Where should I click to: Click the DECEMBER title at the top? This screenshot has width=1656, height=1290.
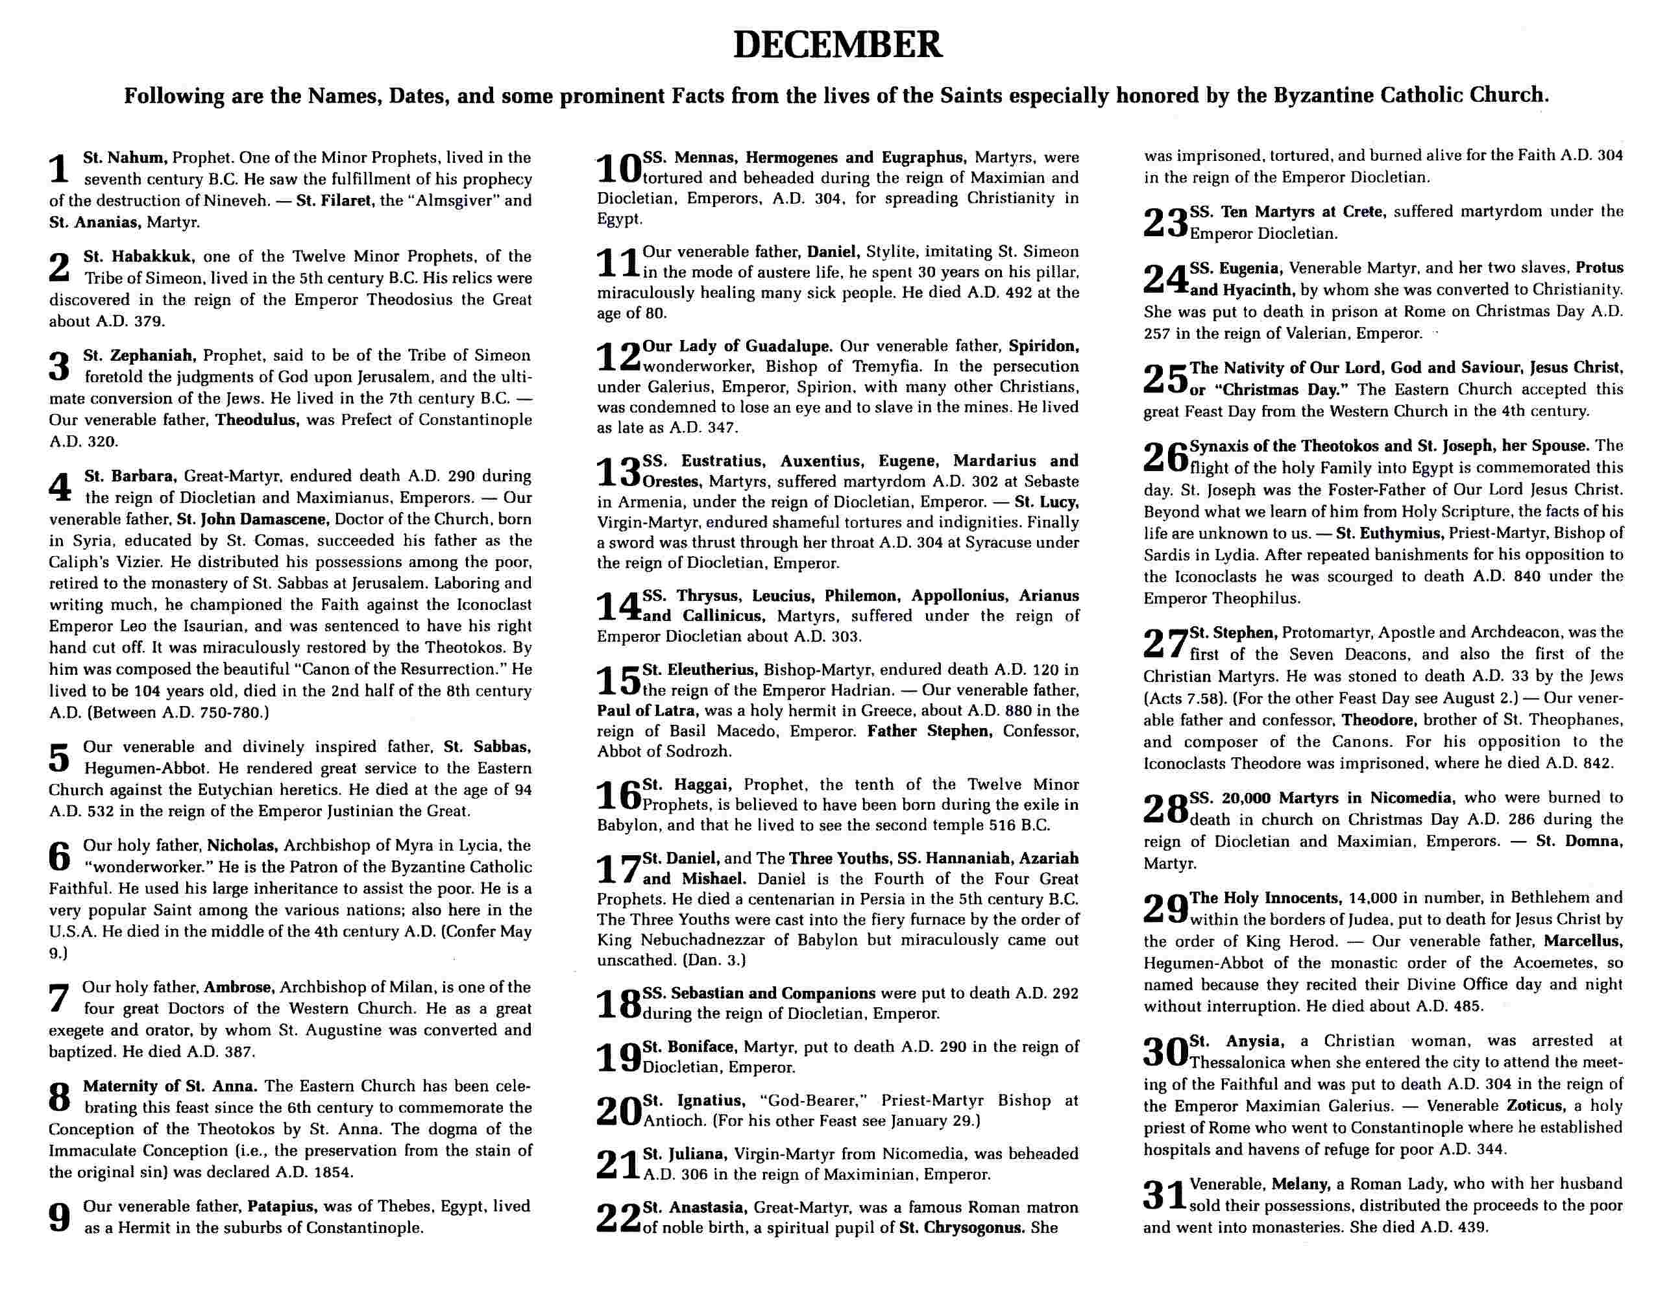837,45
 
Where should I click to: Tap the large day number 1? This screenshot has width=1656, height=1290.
59,169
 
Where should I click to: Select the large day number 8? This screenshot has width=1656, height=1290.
59,1097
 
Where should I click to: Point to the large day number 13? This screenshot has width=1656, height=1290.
618,472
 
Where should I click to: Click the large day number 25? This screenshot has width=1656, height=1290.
1165,379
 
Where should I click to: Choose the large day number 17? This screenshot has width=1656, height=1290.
618,869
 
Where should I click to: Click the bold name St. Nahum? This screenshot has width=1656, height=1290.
125,158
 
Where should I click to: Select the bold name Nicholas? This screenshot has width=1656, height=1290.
245,845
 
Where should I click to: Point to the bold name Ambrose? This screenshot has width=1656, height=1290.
238,987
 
